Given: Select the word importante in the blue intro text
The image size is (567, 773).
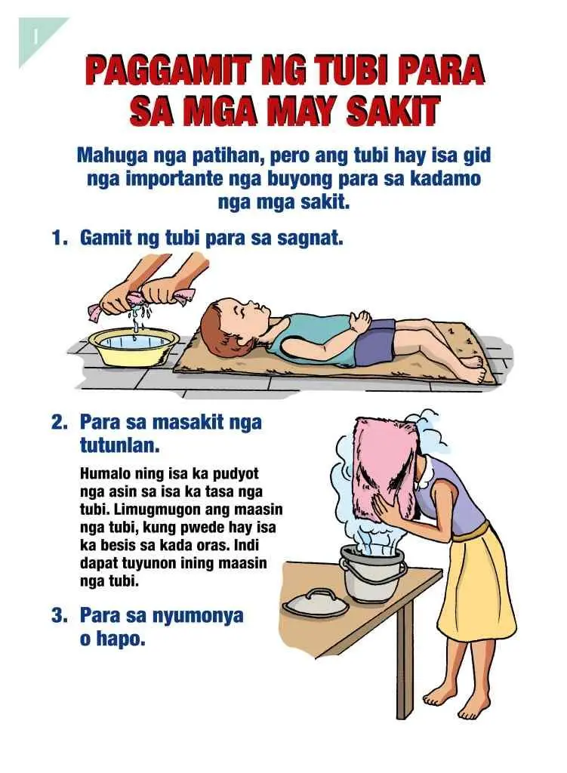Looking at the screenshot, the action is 175,178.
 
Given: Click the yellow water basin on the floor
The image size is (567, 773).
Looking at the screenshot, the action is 133,346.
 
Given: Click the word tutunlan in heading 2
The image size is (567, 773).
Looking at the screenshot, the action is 120,446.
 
